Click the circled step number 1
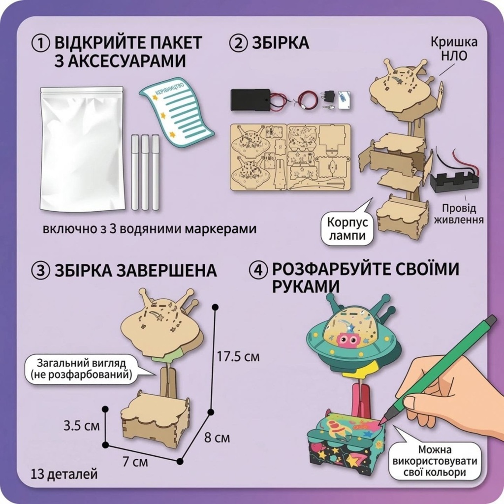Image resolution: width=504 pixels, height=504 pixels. [41, 44]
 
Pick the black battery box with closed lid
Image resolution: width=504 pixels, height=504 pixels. [250, 100]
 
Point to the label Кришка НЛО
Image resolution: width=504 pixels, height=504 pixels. [454, 49]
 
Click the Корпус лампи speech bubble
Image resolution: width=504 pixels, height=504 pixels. [347, 229]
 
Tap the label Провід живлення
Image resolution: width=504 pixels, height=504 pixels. [459, 214]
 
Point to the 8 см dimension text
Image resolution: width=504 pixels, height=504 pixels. [217, 438]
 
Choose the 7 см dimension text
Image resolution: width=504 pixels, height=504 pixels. [135, 462]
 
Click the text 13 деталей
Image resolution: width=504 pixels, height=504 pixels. [64, 474]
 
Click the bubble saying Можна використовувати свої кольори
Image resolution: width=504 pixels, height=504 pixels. [435, 461]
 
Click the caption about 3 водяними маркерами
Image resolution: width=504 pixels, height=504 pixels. [150, 229]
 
